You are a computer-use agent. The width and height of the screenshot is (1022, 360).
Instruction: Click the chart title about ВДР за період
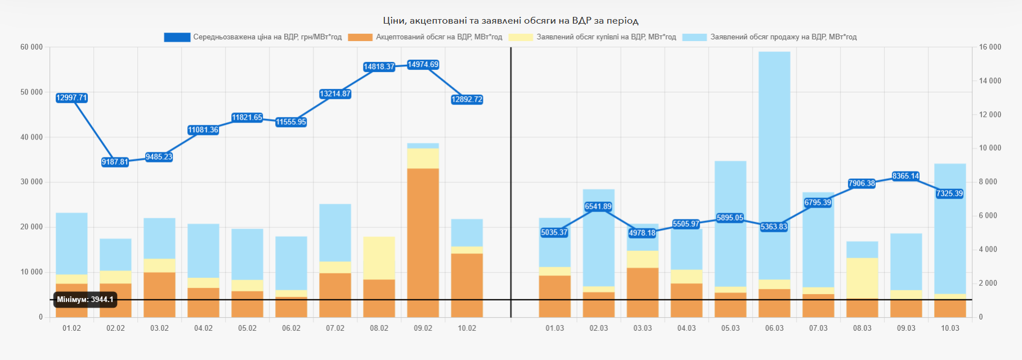tap(510, 21)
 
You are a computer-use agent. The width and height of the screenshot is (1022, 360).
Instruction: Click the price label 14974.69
tap(423, 65)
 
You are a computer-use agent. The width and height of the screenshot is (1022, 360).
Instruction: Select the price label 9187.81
tap(115, 162)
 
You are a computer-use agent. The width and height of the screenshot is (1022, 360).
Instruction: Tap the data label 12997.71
tap(71, 98)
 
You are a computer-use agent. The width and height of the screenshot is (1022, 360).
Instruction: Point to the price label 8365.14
tap(906, 176)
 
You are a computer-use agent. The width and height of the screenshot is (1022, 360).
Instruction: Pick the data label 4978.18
tap(642, 233)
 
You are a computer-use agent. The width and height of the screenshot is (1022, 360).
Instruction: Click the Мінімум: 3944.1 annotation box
tap(86, 300)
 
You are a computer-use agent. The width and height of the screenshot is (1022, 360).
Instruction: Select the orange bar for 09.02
tap(423, 242)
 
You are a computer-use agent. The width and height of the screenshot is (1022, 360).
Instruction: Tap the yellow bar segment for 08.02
tap(379, 258)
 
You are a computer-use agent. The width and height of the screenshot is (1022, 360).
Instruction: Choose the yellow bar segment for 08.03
tap(862, 278)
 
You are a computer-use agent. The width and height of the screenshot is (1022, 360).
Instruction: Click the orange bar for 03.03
tap(643, 292)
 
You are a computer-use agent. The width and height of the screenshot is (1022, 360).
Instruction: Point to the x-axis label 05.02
tap(247, 328)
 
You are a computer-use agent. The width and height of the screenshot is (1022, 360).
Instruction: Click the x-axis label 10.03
tap(950, 328)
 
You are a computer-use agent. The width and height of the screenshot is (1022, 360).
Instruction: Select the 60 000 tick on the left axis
tap(32, 47)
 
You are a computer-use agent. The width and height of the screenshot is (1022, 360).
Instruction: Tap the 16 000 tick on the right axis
tap(990, 47)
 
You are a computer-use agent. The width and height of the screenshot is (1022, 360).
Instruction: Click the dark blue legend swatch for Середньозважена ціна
tap(177, 37)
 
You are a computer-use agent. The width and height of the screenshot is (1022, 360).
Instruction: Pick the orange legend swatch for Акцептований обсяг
tap(360, 37)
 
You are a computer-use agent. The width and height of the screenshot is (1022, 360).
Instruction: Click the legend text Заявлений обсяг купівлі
tap(606, 37)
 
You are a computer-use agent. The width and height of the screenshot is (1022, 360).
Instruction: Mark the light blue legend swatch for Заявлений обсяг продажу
tap(694, 37)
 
